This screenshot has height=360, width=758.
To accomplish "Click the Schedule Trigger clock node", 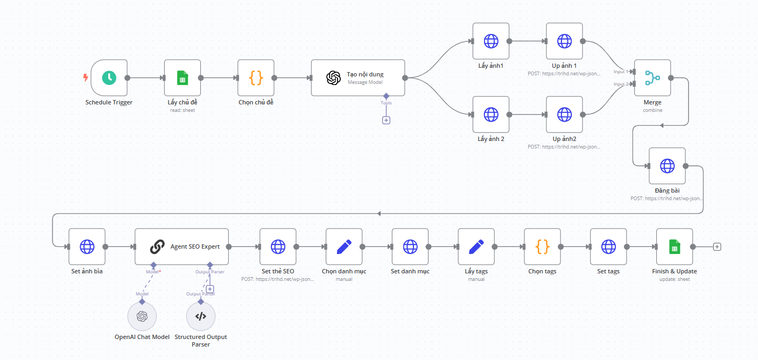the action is pyautogui.click(x=109, y=78).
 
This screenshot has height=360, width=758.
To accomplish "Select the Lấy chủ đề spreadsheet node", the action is pyautogui.click(x=183, y=78).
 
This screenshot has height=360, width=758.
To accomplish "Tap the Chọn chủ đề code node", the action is pyautogui.click(x=256, y=78).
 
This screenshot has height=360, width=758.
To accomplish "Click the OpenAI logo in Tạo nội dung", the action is pyautogui.click(x=333, y=78).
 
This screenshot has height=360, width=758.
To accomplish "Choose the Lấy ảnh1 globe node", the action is pyautogui.click(x=491, y=41).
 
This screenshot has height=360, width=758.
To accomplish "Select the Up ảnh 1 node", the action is pyautogui.click(x=564, y=41).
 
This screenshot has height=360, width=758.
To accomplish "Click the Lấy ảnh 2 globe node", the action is pyautogui.click(x=491, y=115).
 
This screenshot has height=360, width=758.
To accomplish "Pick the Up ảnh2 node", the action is pyautogui.click(x=564, y=115).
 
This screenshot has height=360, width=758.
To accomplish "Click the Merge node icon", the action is pyautogui.click(x=652, y=78).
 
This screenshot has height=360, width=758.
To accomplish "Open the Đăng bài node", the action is pyautogui.click(x=668, y=166).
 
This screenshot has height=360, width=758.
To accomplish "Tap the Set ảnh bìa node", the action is pyautogui.click(x=87, y=246).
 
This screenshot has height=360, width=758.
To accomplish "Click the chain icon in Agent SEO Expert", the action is pyautogui.click(x=157, y=246).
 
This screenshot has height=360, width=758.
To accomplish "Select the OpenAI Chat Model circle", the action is pyautogui.click(x=142, y=316).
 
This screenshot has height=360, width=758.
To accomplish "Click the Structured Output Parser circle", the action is pyautogui.click(x=201, y=316).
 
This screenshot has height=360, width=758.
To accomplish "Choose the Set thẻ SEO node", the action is pyautogui.click(x=278, y=246).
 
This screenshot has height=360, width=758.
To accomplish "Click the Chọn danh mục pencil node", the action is pyautogui.click(x=344, y=246).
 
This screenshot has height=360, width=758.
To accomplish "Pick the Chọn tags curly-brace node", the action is pyautogui.click(x=543, y=246).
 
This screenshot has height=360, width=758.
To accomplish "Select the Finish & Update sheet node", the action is pyautogui.click(x=675, y=246).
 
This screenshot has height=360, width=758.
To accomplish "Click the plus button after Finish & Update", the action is pyautogui.click(x=717, y=246).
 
